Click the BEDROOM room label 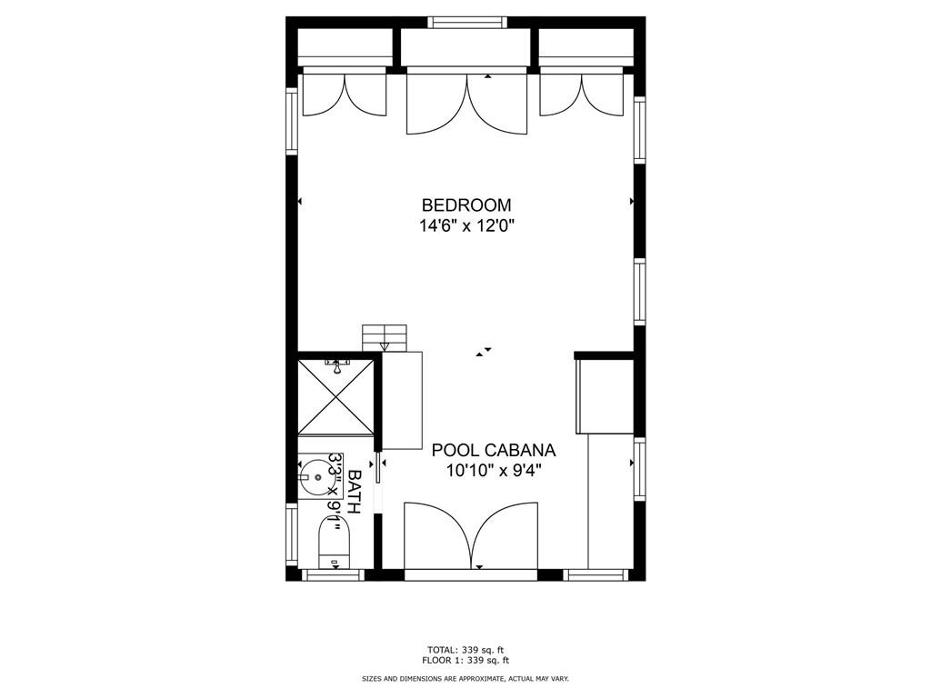click(x=466, y=205)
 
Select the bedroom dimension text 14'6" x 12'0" click(x=466, y=226)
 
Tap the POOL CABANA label click(x=494, y=451)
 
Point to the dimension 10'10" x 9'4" click(x=494, y=472)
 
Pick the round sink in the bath click(x=316, y=476)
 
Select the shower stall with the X click(x=335, y=395)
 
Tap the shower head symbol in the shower click(x=336, y=366)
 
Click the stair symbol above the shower click(x=385, y=338)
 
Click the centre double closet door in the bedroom click(x=466, y=102)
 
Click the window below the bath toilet click(x=333, y=574)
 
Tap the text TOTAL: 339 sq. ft click(x=465, y=650)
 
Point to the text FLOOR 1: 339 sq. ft click(x=465, y=660)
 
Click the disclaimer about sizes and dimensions click(x=465, y=678)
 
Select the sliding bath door click(x=377, y=469)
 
